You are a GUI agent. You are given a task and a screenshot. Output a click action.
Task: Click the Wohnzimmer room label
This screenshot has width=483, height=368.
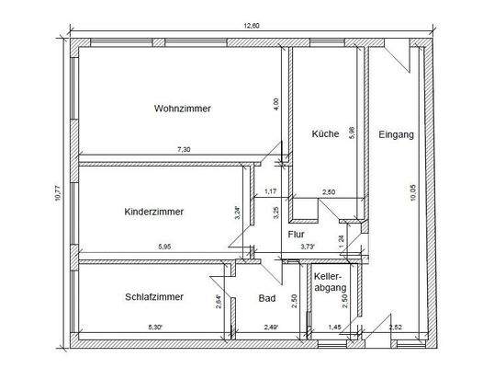[x=182, y=109]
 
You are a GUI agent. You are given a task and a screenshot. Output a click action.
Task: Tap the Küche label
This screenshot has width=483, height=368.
[x=325, y=133]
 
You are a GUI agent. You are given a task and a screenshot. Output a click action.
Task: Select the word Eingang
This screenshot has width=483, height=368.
[x=397, y=135]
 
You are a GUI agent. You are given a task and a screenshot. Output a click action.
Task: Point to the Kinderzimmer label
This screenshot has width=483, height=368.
[x=153, y=212]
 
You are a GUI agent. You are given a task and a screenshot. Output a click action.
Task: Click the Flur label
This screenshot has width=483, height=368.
[x=296, y=235]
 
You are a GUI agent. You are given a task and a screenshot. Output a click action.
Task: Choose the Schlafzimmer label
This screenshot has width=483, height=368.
[x=153, y=297]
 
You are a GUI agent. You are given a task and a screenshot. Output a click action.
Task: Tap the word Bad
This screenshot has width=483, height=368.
[x=267, y=298]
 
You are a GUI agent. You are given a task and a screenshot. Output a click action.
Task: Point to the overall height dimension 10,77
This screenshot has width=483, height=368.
[x=57, y=193]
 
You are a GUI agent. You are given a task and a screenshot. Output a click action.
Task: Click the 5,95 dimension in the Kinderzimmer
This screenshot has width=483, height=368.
[x=163, y=247]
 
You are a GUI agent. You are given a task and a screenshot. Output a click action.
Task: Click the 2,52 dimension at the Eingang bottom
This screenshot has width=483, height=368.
[x=396, y=328]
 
